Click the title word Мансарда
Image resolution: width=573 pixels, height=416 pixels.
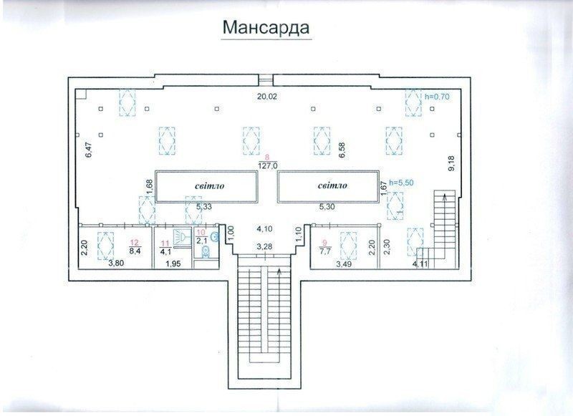tap(266, 28)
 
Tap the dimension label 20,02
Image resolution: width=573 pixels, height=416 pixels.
tap(266, 97)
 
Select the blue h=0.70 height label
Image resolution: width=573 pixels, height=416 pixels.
tap(437, 97)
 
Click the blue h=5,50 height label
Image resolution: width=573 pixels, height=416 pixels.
tap(402, 183)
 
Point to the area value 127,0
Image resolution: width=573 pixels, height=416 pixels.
tap(268, 165)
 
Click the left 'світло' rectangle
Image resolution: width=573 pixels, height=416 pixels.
tap(207, 186)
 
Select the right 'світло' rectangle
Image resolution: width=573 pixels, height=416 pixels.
tap(329, 186)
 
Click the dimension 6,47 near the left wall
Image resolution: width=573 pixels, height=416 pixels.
tap(88, 150)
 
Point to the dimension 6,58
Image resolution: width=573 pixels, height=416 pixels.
tap(342, 150)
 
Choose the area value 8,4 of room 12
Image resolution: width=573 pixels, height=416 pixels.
tap(134, 251)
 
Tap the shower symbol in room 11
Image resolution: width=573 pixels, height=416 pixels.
tap(182, 236)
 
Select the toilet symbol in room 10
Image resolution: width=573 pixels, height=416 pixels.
tap(206, 251)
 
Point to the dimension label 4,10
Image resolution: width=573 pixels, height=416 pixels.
tap(264, 229)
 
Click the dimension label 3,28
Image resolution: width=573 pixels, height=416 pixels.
tap(264, 246)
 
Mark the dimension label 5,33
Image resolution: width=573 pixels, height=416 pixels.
tap(204, 207)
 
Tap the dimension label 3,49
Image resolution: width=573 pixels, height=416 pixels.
tap(343, 263)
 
